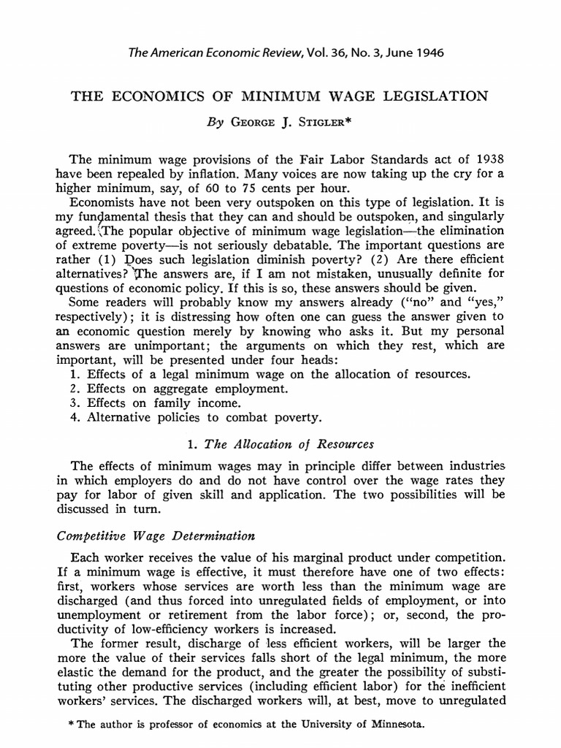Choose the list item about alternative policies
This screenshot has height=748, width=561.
pos(193,419)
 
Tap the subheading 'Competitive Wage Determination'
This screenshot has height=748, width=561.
pos(156,535)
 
